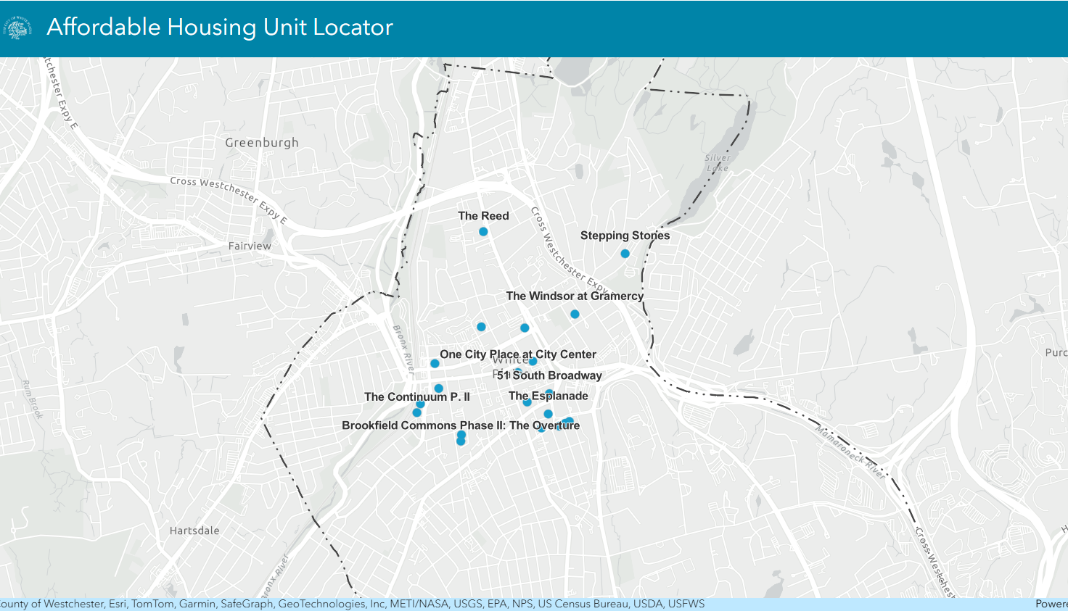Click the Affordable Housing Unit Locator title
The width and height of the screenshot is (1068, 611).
point(220,28)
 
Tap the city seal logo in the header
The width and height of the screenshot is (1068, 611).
point(18,28)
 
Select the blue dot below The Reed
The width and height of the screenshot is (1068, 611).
point(483,232)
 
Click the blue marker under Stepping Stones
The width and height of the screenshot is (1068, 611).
point(625,254)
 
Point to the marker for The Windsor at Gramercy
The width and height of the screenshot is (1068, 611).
point(575,315)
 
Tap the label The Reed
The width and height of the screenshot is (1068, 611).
point(483,216)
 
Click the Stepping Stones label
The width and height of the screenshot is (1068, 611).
point(625,236)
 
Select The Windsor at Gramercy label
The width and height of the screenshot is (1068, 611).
point(575,296)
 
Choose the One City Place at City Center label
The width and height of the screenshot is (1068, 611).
point(517,354)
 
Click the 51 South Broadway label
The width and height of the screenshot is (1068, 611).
point(549,375)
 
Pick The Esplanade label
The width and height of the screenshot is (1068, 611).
point(548,396)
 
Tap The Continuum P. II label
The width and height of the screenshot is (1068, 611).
point(417,396)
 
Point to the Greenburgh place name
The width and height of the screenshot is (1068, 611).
point(261,143)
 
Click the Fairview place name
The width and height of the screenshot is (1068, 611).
point(250,246)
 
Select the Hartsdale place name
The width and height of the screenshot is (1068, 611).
point(194,531)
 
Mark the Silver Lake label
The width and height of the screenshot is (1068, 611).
point(718,163)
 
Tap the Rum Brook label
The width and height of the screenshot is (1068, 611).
point(32,399)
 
